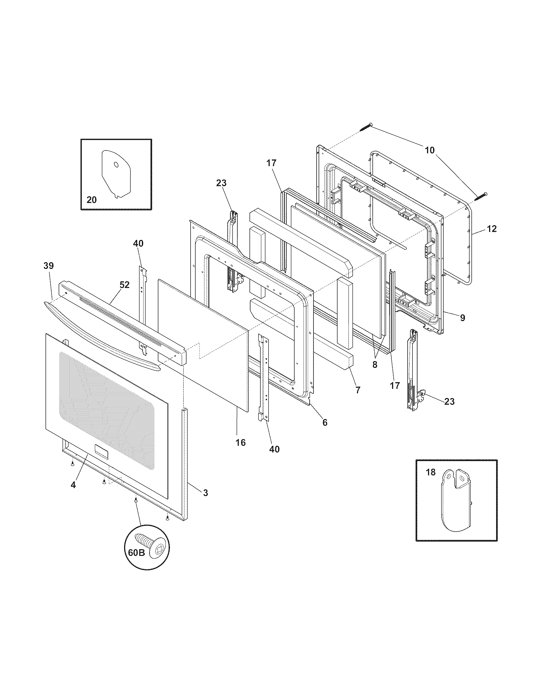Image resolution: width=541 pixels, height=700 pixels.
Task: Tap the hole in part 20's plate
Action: (116, 165)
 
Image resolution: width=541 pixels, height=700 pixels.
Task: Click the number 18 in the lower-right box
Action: (431, 481)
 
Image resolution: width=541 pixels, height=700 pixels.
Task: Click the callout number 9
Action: (462, 318)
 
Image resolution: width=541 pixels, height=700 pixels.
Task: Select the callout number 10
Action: (430, 150)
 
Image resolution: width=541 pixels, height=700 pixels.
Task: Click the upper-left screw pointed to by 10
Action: (366, 127)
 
